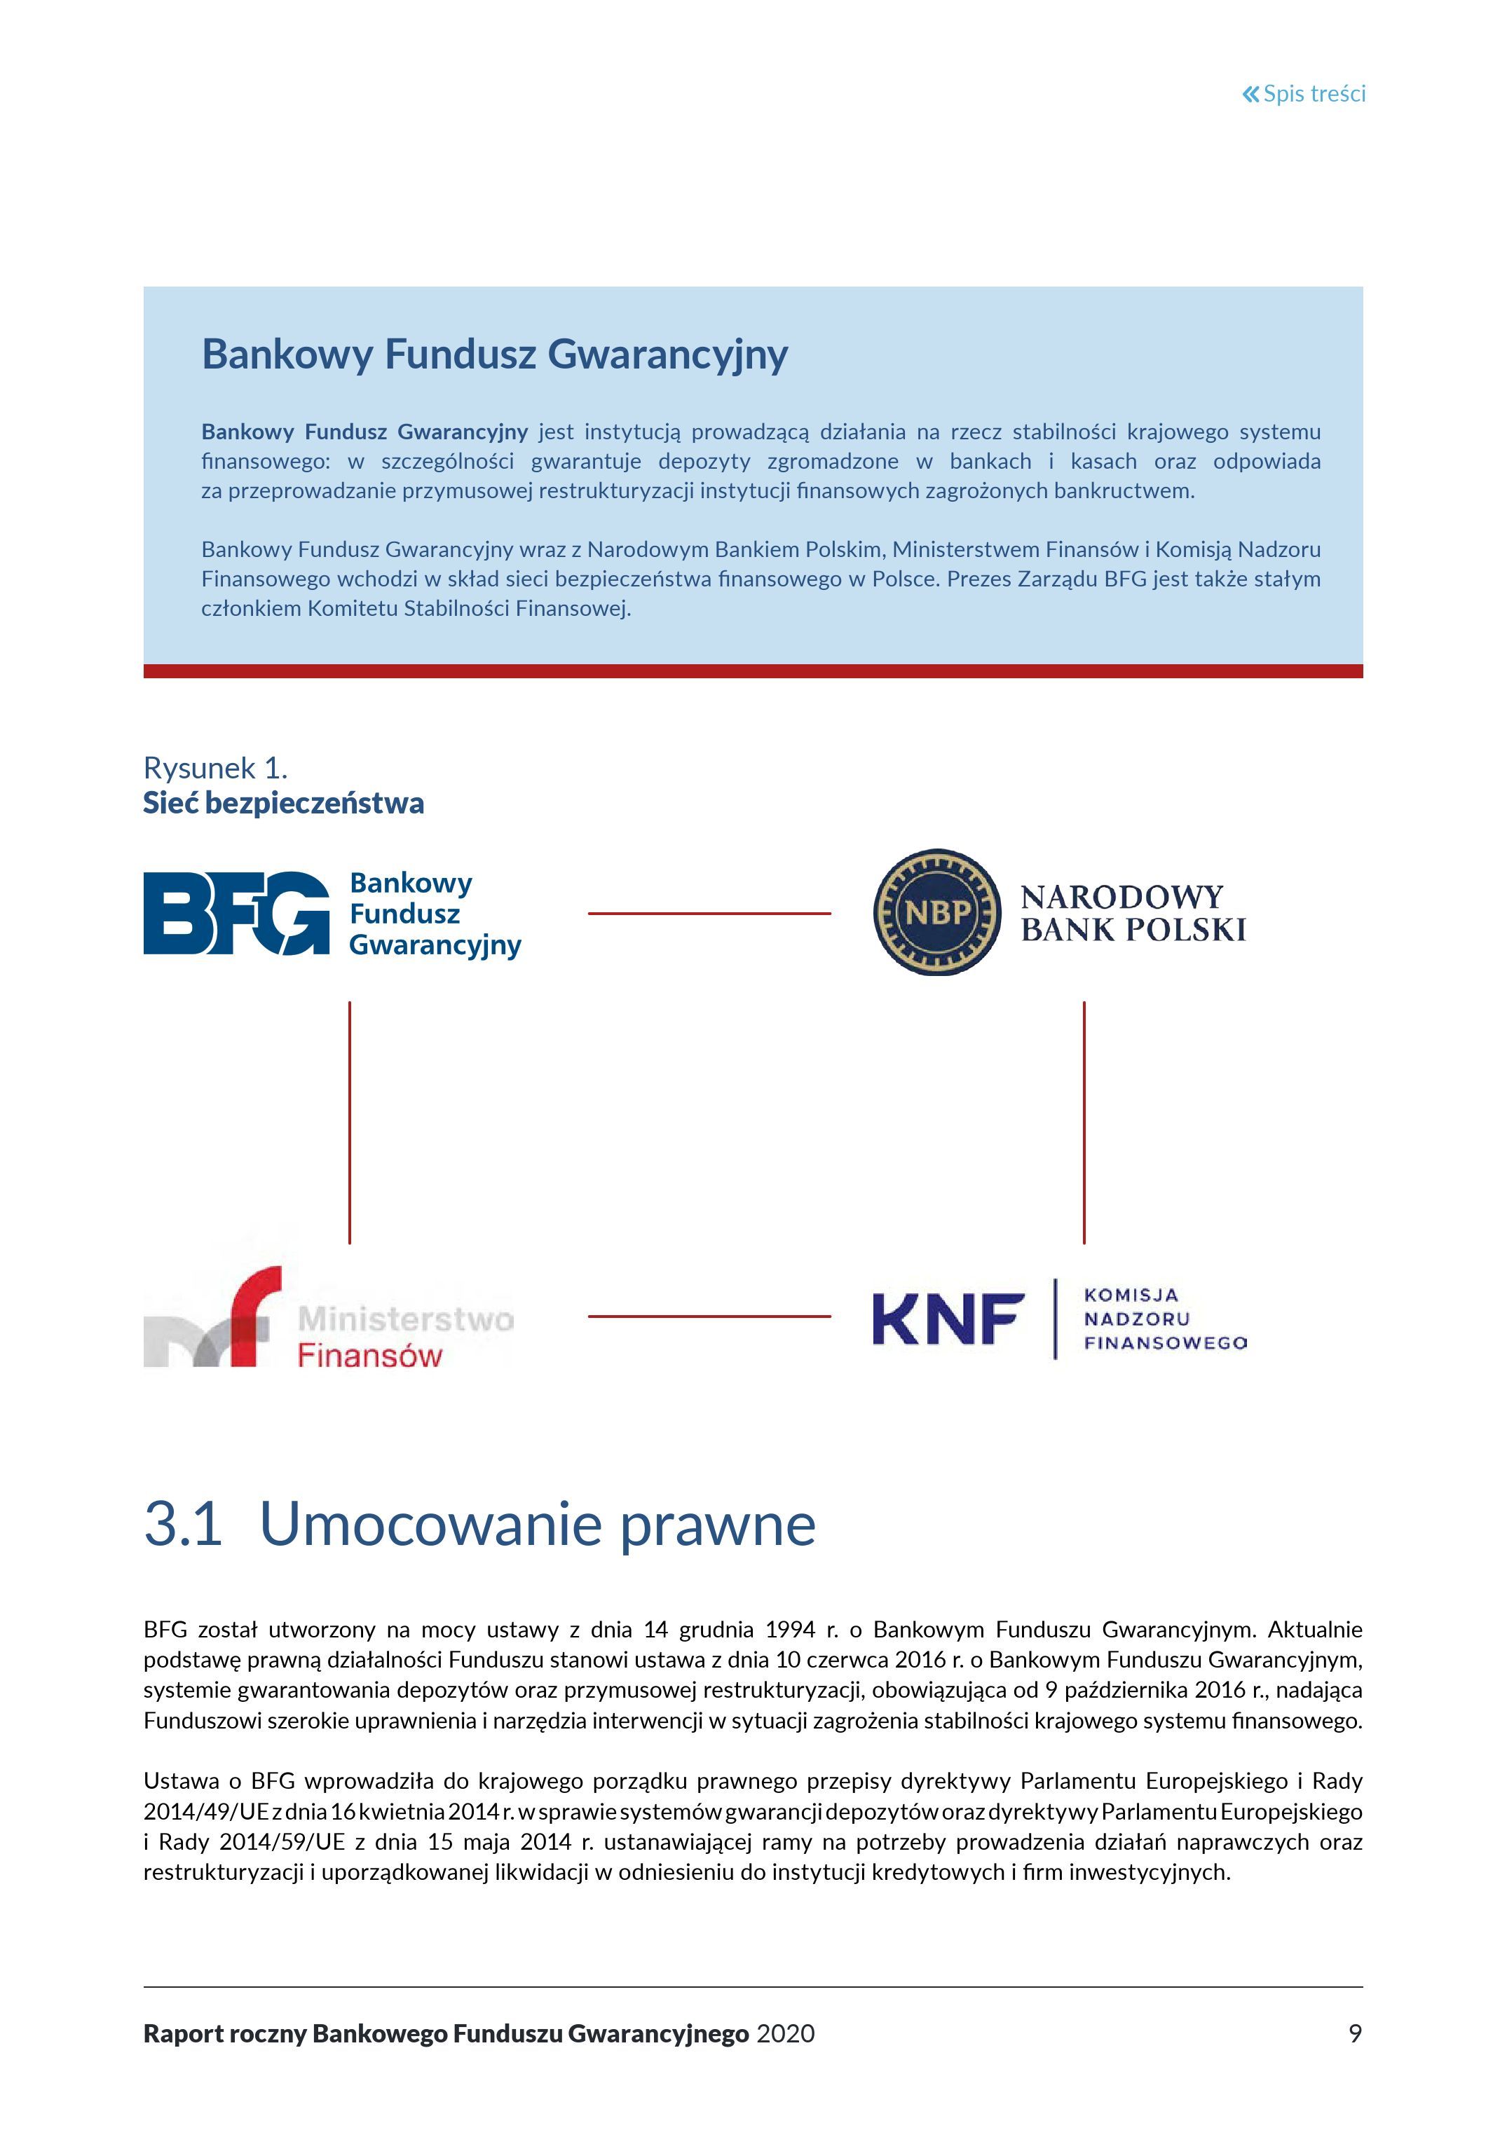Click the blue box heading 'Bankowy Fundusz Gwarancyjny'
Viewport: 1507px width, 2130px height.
[495, 355]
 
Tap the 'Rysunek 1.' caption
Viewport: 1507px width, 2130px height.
[215, 768]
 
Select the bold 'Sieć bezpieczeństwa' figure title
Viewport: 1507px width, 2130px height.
[283, 804]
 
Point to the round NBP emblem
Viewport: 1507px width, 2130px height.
[937, 912]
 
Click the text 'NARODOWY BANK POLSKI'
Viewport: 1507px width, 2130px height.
[1133, 914]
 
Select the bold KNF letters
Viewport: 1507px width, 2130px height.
[948, 1319]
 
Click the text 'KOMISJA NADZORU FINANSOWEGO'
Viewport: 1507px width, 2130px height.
[1164, 1318]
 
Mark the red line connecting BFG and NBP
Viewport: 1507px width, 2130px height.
[709, 914]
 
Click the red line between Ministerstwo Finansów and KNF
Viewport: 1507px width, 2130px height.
[709, 1317]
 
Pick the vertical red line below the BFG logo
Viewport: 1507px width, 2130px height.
[350, 1122]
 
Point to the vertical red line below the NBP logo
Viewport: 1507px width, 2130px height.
[1084, 1122]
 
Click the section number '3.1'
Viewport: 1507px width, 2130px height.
[183, 1523]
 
